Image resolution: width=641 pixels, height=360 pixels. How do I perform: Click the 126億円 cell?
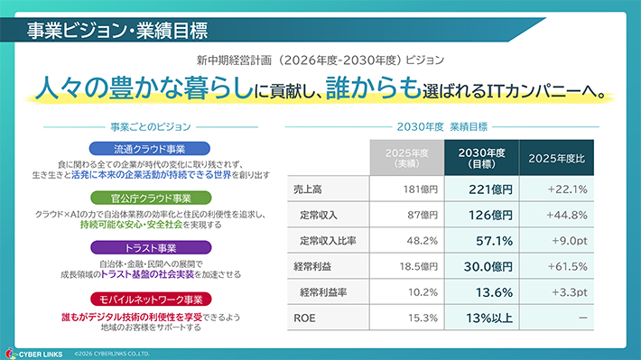(x=490, y=215)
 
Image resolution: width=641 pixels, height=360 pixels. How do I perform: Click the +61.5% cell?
(x=567, y=267)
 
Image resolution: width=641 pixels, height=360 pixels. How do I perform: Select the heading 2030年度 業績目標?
(x=441, y=126)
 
